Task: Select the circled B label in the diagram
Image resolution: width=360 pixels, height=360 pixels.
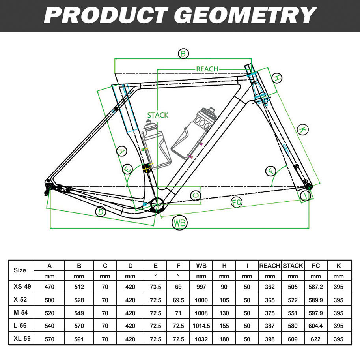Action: (x=183, y=54)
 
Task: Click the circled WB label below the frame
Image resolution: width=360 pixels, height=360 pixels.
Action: (x=179, y=223)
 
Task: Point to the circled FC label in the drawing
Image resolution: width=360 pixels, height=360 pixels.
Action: (x=236, y=202)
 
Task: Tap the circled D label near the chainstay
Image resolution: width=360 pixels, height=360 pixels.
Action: (x=101, y=212)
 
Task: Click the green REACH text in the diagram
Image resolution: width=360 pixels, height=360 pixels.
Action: (x=207, y=69)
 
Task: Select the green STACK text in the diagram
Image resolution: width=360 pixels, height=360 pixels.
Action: (x=158, y=115)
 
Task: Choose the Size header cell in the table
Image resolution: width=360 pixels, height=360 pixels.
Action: (x=20, y=270)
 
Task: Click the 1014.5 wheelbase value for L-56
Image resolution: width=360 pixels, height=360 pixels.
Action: (x=201, y=326)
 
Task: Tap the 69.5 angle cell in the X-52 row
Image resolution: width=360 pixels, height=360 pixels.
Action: (x=178, y=300)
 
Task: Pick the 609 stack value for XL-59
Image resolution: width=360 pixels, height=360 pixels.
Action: (x=293, y=339)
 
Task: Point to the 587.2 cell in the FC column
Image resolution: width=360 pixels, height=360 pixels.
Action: (x=315, y=287)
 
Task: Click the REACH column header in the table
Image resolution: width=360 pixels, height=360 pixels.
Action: (x=270, y=266)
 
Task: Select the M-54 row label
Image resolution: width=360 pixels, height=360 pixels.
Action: (x=20, y=313)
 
